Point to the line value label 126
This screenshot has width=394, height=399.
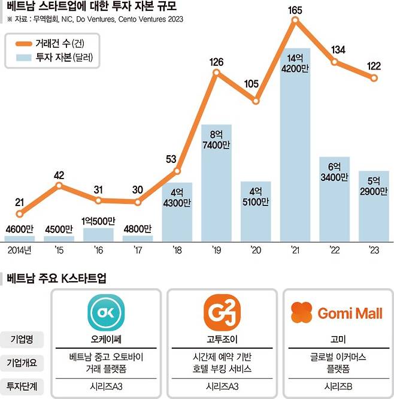pos(217,62)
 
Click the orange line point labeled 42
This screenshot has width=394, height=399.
pos(59,186)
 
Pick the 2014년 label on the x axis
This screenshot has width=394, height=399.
pos(20,249)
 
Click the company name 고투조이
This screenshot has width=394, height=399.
pos(220,339)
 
